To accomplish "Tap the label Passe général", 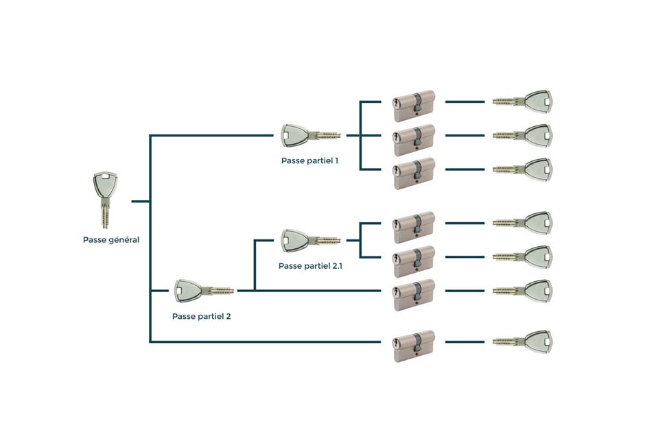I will [x=111, y=240].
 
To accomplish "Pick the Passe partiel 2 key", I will [x=203, y=291].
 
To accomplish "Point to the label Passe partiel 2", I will [x=201, y=317].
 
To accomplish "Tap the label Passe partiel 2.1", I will [x=310, y=265].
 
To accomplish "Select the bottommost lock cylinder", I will [x=415, y=346].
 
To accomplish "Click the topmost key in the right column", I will [x=523, y=101].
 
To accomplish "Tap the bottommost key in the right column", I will [x=523, y=341].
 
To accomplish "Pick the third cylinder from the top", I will [x=415, y=173].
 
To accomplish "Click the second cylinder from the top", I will [x=415, y=139].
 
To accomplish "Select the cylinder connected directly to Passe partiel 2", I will [x=415, y=295].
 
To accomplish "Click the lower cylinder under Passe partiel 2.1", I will [x=415, y=261].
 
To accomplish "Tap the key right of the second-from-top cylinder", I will [x=523, y=136].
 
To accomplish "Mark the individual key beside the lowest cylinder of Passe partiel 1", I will [x=523, y=169].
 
